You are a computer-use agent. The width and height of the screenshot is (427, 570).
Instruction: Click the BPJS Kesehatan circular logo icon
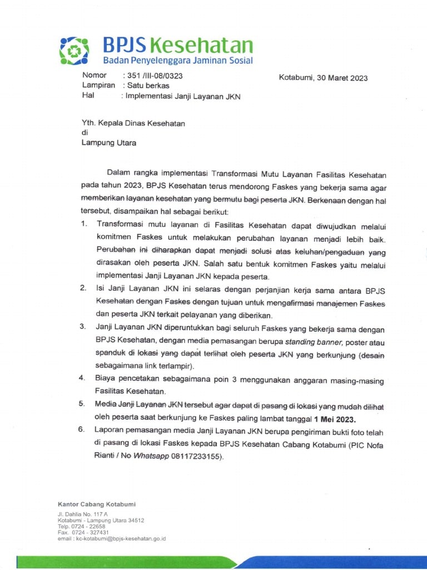click(x=74, y=51)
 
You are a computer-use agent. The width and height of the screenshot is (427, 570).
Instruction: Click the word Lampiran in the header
click(x=98, y=85)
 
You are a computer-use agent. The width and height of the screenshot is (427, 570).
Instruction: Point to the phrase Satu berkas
click(x=148, y=86)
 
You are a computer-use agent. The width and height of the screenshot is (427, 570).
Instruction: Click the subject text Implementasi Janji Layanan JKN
click(x=183, y=96)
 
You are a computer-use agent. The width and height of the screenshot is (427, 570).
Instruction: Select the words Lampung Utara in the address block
click(x=109, y=142)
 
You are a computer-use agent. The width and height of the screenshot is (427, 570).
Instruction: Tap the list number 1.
click(x=83, y=224)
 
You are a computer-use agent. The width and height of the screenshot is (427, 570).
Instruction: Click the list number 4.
click(x=82, y=379)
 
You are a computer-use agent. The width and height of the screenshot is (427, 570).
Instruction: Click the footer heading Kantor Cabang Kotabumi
click(x=96, y=504)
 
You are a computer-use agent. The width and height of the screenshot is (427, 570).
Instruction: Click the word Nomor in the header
click(x=94, y=75)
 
